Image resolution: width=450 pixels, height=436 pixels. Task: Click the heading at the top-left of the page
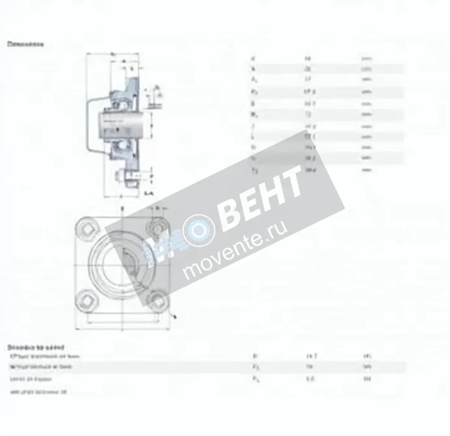(x=25, y=44)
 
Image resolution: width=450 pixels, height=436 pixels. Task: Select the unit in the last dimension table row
(x=366, y=170)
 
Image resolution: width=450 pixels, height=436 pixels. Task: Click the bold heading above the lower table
(x=36, y=347)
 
